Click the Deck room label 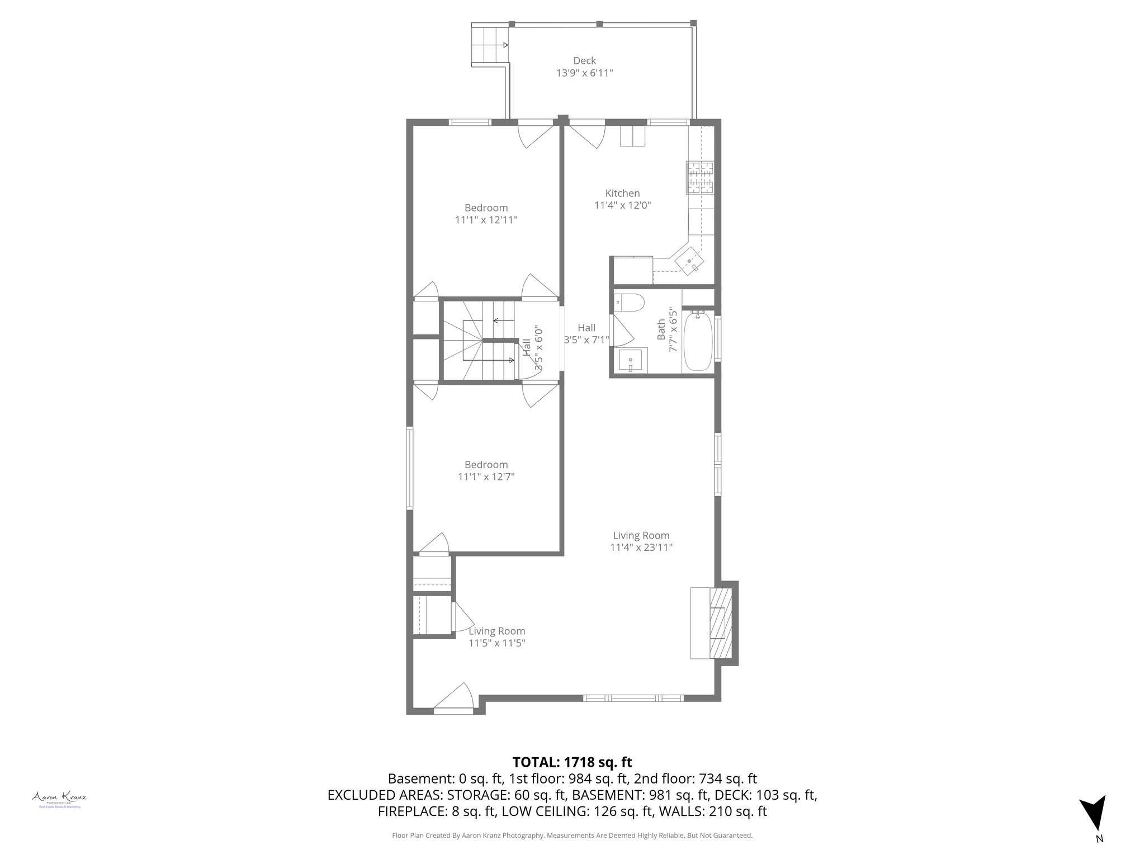(x=584, y=61)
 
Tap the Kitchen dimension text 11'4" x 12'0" (x=622, y=205)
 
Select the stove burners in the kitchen (x=701, y=178)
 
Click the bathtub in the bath (x=698, y=341)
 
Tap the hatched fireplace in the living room (x=721, y=622)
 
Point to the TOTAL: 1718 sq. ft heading (x=572, y=762)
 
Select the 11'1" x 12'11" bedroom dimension (x=486, y=220)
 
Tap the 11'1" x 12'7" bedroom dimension (x=486, y=477)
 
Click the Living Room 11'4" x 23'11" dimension (x=641, y=548)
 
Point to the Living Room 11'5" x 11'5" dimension (x=496, y=643)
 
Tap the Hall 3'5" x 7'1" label (x=586, y=333)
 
